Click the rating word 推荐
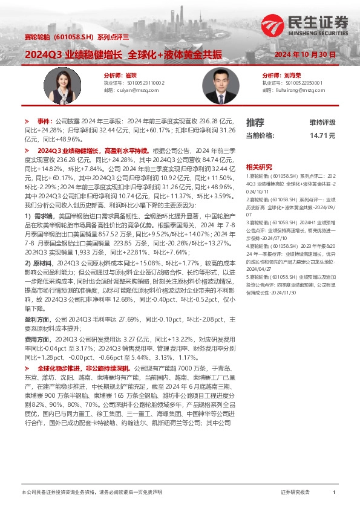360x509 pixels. [x=255, y=122]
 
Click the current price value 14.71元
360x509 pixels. [x=322, y=135]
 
